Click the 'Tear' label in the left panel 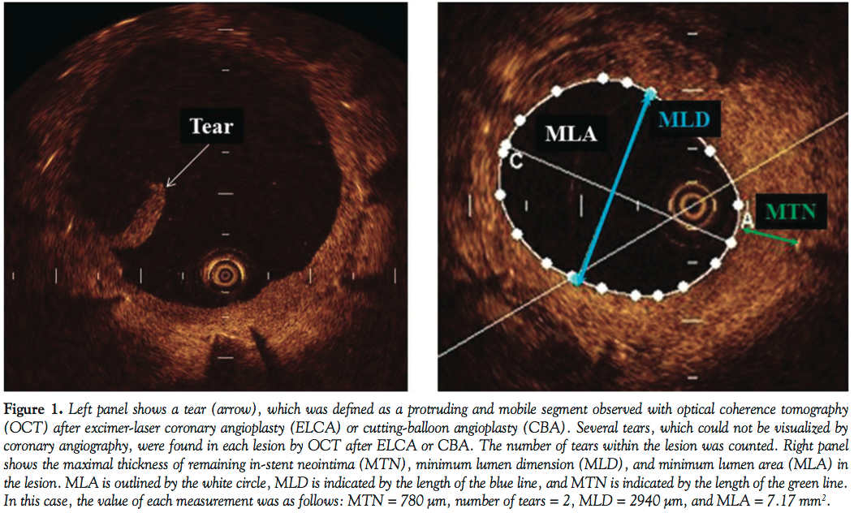point(211,127)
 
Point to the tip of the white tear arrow point(166,187)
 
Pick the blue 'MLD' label point(684,120)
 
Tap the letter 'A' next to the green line point(748,220)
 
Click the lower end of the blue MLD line point(576,279)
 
